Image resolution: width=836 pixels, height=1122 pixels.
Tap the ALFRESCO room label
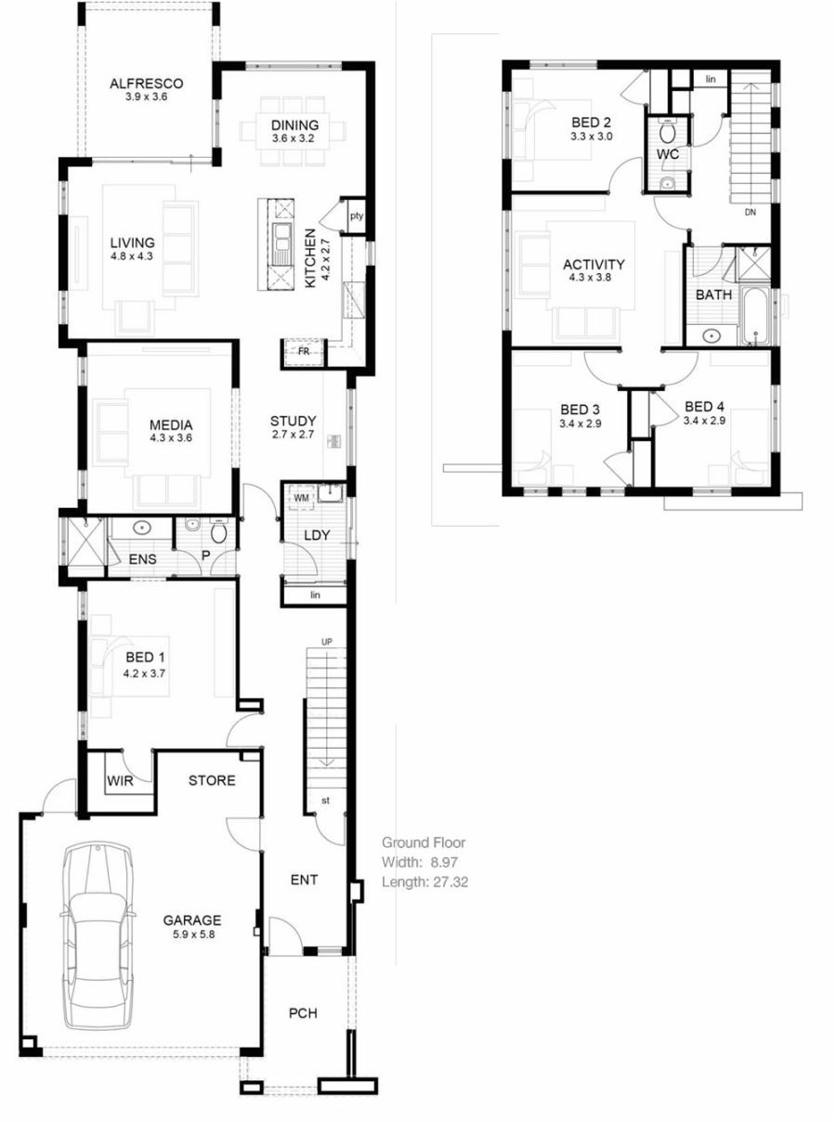tap(146, 83)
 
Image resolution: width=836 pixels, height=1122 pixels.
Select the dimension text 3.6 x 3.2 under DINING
tap(294, 139)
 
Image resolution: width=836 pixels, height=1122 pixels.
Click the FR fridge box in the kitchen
tap(303, 352)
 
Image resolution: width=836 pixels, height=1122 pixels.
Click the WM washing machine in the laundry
tap(301, 499)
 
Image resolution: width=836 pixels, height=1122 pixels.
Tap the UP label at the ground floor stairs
tap(326, 642)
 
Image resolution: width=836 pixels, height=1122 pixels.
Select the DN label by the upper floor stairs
tap(751, 212)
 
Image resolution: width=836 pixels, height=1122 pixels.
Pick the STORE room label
tap(212, 780)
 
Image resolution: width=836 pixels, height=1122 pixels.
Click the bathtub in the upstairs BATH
tap(753, 317)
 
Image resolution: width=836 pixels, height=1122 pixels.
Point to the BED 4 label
tap(704, 406)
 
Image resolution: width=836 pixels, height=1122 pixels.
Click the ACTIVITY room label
tap(594, 264)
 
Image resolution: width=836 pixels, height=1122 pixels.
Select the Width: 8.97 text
tap(423, 862)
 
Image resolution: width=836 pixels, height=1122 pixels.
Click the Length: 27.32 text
tap(425, 881)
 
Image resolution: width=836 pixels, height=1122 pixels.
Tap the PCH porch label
tap(303, 1012)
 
